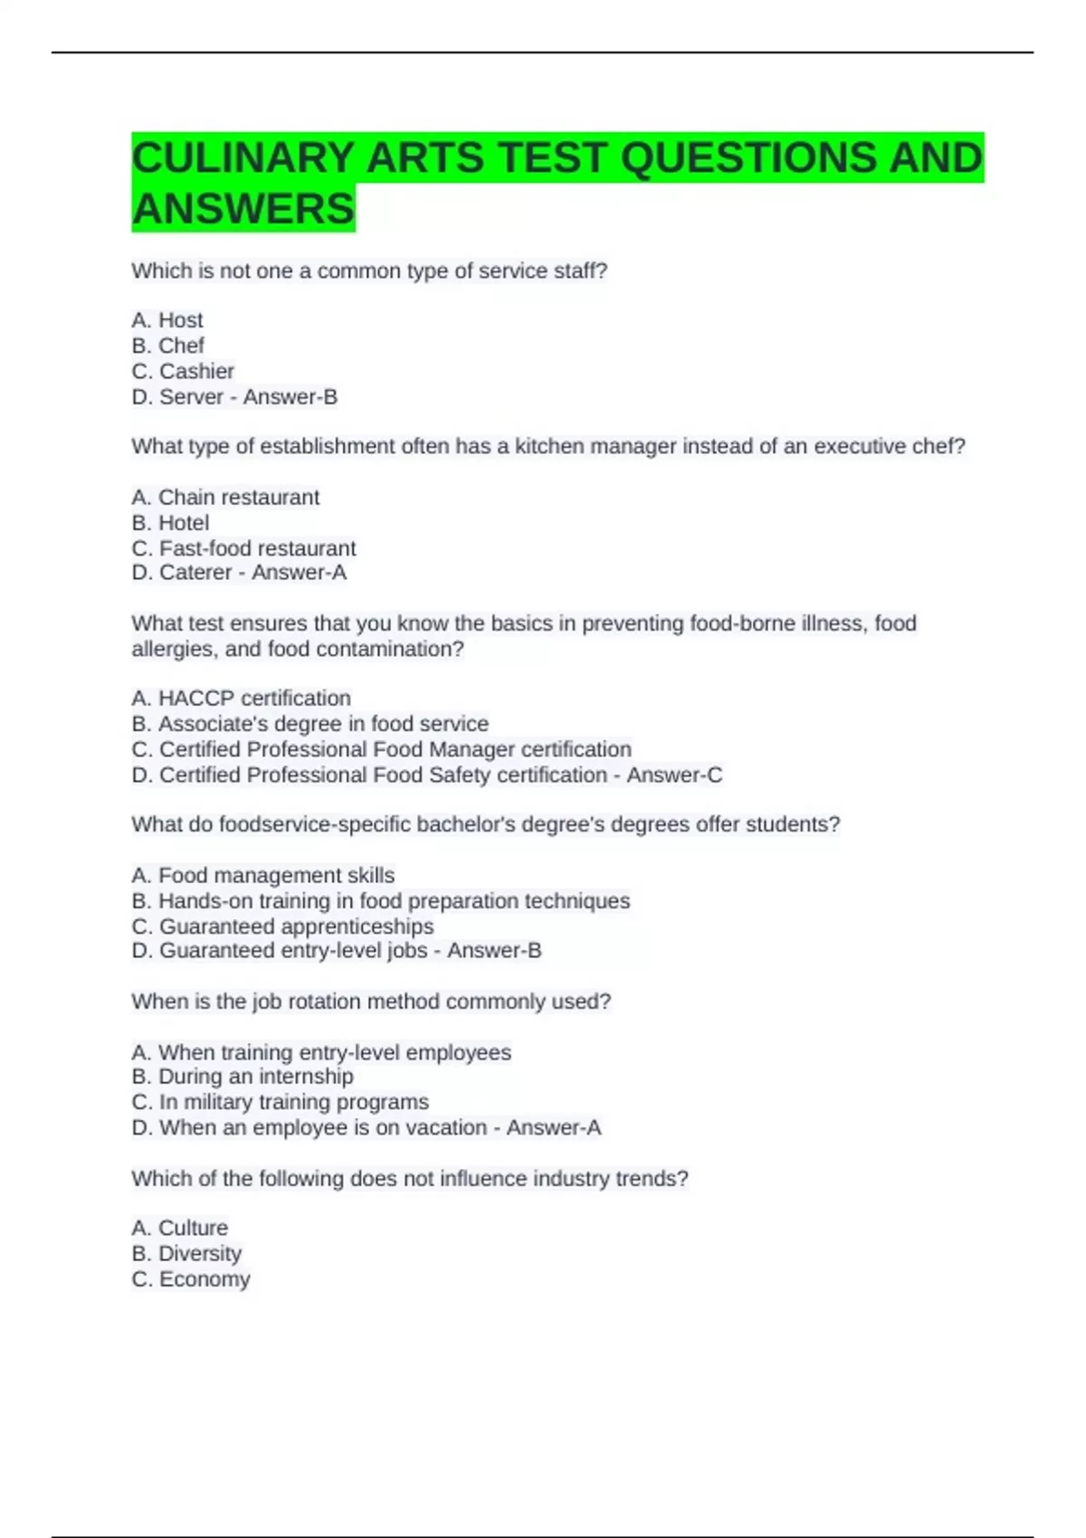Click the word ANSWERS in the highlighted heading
click(x=243, y=209)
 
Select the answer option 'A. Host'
click(x=167, y=320)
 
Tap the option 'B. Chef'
click(x=168, y=346)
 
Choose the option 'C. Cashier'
click(x=183, y=371)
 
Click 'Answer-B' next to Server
click(x=290, y=396)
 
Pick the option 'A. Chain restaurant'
click(x=225, y=498)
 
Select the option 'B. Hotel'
click(x=170, y=523)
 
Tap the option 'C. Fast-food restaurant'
click(x=243, y=548)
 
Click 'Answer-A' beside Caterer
click(x=299, y=573)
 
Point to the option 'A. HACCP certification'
click(x=241, y=698)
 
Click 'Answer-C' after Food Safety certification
click(x=674, y=775)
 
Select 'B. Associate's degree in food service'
click(x=310, y=724)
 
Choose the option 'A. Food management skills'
click(x=262, y=876)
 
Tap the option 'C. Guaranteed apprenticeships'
click(x=282, y=926)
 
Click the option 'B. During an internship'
click(x=243, y=1077)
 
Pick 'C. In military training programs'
click(x=280, y=1102)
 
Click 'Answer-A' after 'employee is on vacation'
click(x=553, y=1128)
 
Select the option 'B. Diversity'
click(x=186, y=1254)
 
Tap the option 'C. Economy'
click(x=190, y=1279)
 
